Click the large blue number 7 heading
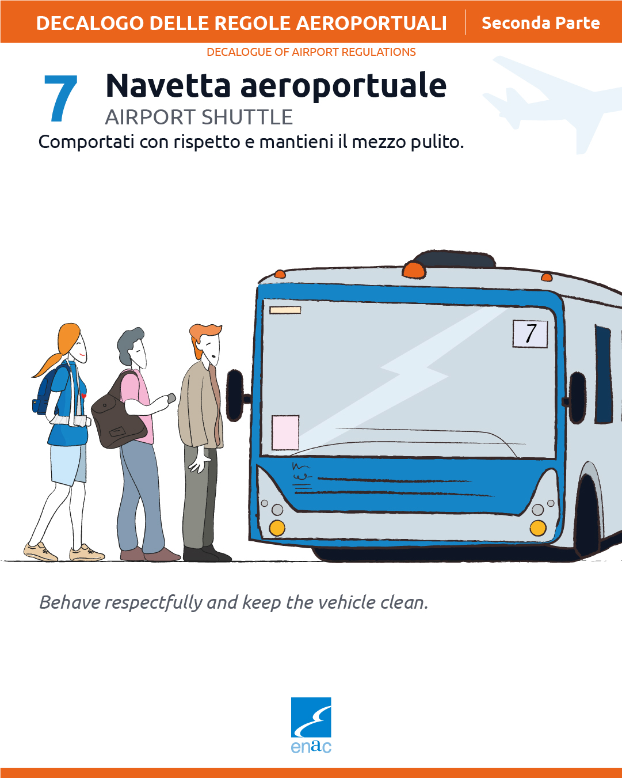click(60, 98)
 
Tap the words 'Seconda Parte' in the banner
click(541, 23)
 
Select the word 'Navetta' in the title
click(168, 85)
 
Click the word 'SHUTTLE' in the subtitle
click(247, 117)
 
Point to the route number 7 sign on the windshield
click(530, 333)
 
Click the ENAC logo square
click(311, 717)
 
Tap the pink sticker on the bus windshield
click(285, 432)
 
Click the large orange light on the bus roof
click(414, 271)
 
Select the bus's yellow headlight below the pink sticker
click(277, 528)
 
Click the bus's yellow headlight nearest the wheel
click(538, 528)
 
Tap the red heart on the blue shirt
click(84, 396)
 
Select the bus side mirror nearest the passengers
click(235, 396)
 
